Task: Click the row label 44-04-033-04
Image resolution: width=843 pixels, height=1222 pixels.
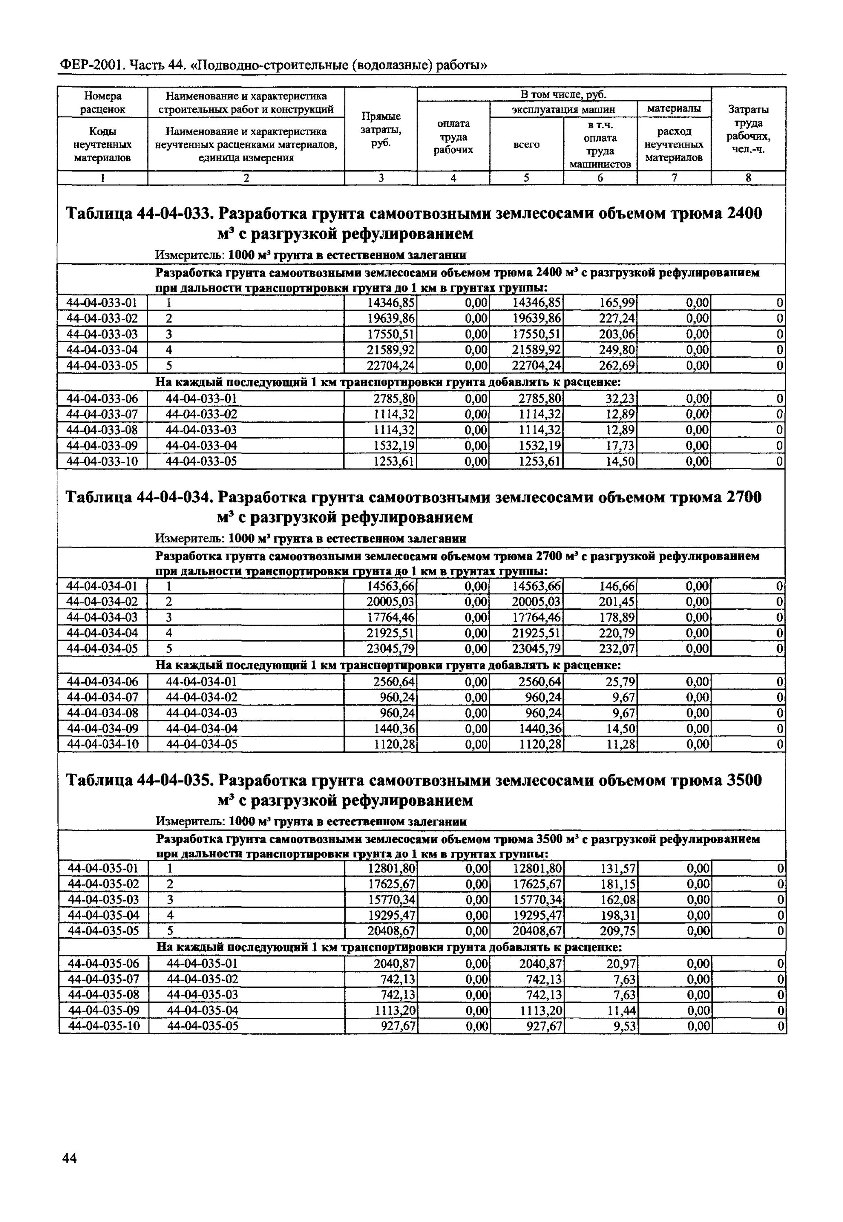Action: point(102,350)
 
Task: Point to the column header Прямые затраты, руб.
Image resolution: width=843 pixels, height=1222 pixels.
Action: point(380,130)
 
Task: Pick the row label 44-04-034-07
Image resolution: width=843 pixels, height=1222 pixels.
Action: point(102,697)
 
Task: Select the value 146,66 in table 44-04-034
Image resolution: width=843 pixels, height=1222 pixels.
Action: point(617,586)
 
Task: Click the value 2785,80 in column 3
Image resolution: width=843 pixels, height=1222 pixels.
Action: point(394,398)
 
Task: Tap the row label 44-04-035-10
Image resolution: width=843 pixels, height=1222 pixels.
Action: point(103,1026)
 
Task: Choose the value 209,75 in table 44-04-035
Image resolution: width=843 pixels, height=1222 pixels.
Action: point(617,931)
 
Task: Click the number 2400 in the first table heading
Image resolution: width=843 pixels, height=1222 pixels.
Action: point(745,214)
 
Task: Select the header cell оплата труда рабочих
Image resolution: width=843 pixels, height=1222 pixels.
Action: point(453,137)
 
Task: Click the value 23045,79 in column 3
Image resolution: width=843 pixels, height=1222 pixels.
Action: point(391,649)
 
